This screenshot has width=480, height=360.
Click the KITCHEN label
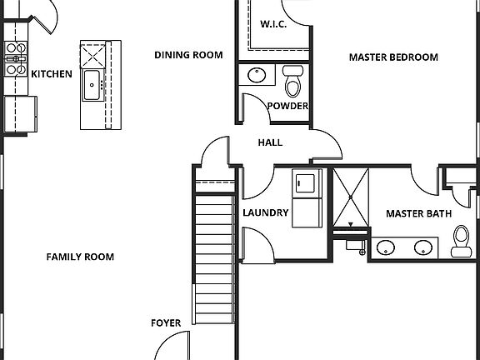52,74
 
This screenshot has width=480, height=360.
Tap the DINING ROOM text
188,56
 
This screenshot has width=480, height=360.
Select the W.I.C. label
273,23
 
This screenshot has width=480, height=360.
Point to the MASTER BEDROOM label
392,57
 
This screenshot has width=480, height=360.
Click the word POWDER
288,106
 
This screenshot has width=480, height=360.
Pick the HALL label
270,142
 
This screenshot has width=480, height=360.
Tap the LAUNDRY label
265,212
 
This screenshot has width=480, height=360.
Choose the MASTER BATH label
418,214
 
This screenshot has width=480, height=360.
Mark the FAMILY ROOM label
80,257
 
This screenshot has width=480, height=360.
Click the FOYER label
166,322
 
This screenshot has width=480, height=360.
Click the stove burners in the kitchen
15,59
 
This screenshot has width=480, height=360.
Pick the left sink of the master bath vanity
386,247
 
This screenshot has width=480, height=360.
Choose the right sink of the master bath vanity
425,247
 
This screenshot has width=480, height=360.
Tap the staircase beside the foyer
213,258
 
